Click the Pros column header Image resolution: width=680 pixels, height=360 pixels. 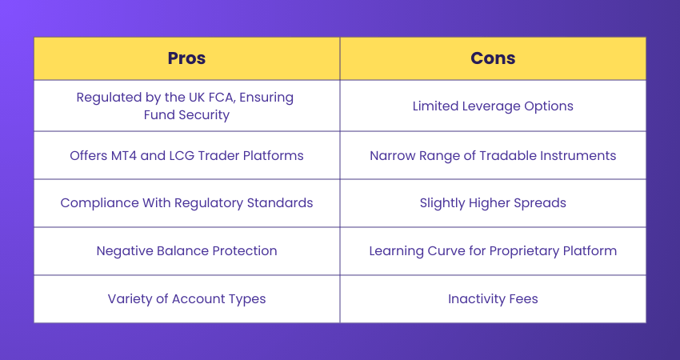coord(186,58)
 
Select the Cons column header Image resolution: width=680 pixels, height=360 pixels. coord(493,58)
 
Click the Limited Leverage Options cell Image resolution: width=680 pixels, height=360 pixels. coord(493,106)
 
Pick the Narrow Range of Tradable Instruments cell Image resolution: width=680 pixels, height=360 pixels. coord(493,155)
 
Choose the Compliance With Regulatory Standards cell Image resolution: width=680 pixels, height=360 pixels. coord(186,203)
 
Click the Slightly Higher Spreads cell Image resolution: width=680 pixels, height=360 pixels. coord(493,203)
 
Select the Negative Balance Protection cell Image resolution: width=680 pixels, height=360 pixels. coord(186,251)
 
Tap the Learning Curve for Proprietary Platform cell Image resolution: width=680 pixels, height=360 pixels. coord(493,251)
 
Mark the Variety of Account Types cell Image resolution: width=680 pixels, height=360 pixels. coord(186,299)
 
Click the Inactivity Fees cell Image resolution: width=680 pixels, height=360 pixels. coord(493,299)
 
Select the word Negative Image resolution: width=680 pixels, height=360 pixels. coord(124,251)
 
